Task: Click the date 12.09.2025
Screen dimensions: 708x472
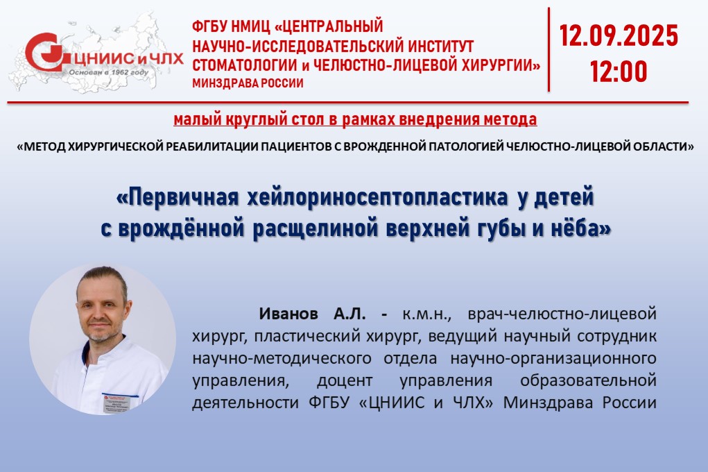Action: [x=619, y=35]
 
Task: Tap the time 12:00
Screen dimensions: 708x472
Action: [x=619, y=71]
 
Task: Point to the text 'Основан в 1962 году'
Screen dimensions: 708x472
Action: [x=108, y=72]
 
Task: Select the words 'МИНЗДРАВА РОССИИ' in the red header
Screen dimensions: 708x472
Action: [x=248, y=83]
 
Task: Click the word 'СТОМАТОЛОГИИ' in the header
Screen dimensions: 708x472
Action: [x=244, y=65]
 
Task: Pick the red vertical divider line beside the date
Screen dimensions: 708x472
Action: [x=549, y=50]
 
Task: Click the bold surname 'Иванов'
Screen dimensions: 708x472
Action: [x=288, y=313]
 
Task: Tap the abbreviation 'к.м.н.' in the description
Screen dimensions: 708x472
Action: [x=426, y=314]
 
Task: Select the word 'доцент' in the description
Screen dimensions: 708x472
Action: [x=345, y=380]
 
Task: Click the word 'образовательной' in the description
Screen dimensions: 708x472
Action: [x=588, y=380]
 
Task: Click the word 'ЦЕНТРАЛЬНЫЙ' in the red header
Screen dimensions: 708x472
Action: [x=329, y=26]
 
